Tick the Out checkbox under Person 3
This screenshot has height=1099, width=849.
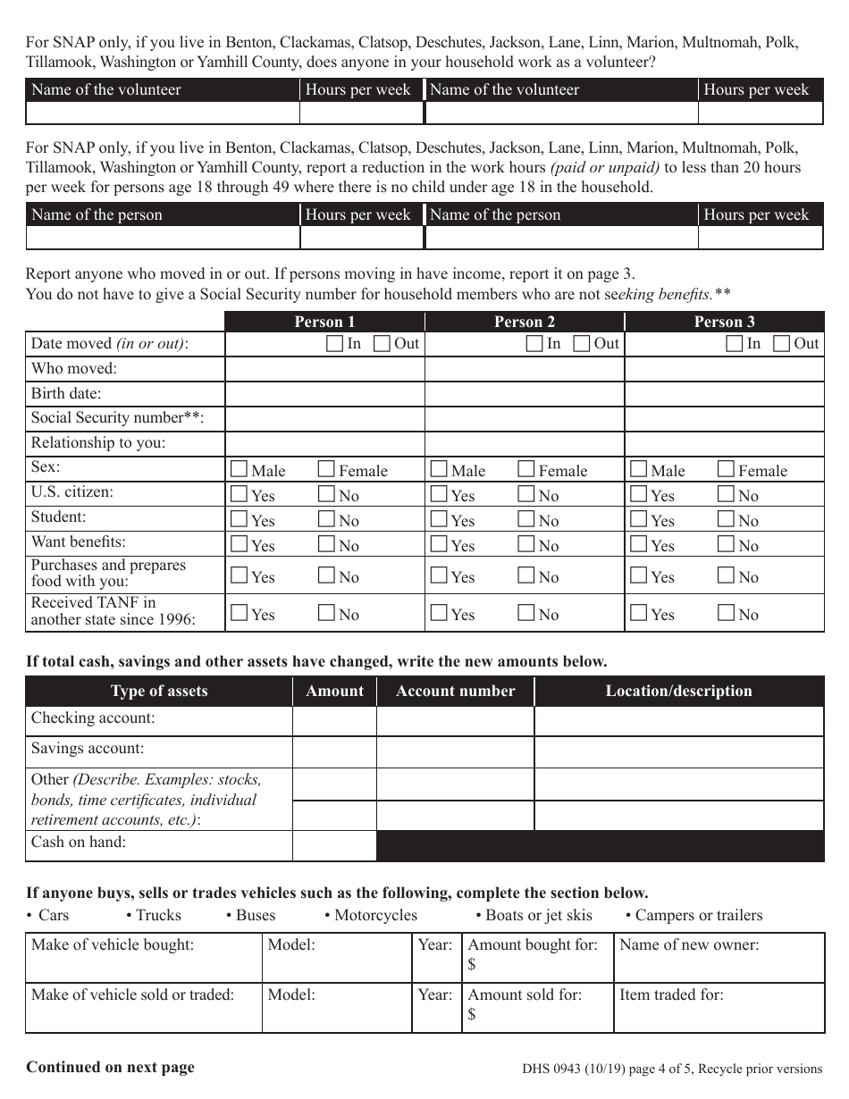782,344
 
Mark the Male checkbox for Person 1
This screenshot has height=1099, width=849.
239,469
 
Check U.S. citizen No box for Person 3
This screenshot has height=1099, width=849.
726,494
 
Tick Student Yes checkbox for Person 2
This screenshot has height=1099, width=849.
439,519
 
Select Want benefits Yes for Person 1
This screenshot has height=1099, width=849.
239,544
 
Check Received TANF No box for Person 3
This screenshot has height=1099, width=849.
726,613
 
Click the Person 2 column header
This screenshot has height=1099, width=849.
525,323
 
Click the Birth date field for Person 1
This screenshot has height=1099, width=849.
324,394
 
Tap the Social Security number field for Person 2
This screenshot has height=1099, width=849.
525,419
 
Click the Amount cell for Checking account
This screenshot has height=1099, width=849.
334,721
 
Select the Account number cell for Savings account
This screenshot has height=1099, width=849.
455,751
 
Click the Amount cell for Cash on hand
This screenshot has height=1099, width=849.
334,845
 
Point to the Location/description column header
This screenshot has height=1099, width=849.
679,691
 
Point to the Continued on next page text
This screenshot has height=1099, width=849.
110,1067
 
